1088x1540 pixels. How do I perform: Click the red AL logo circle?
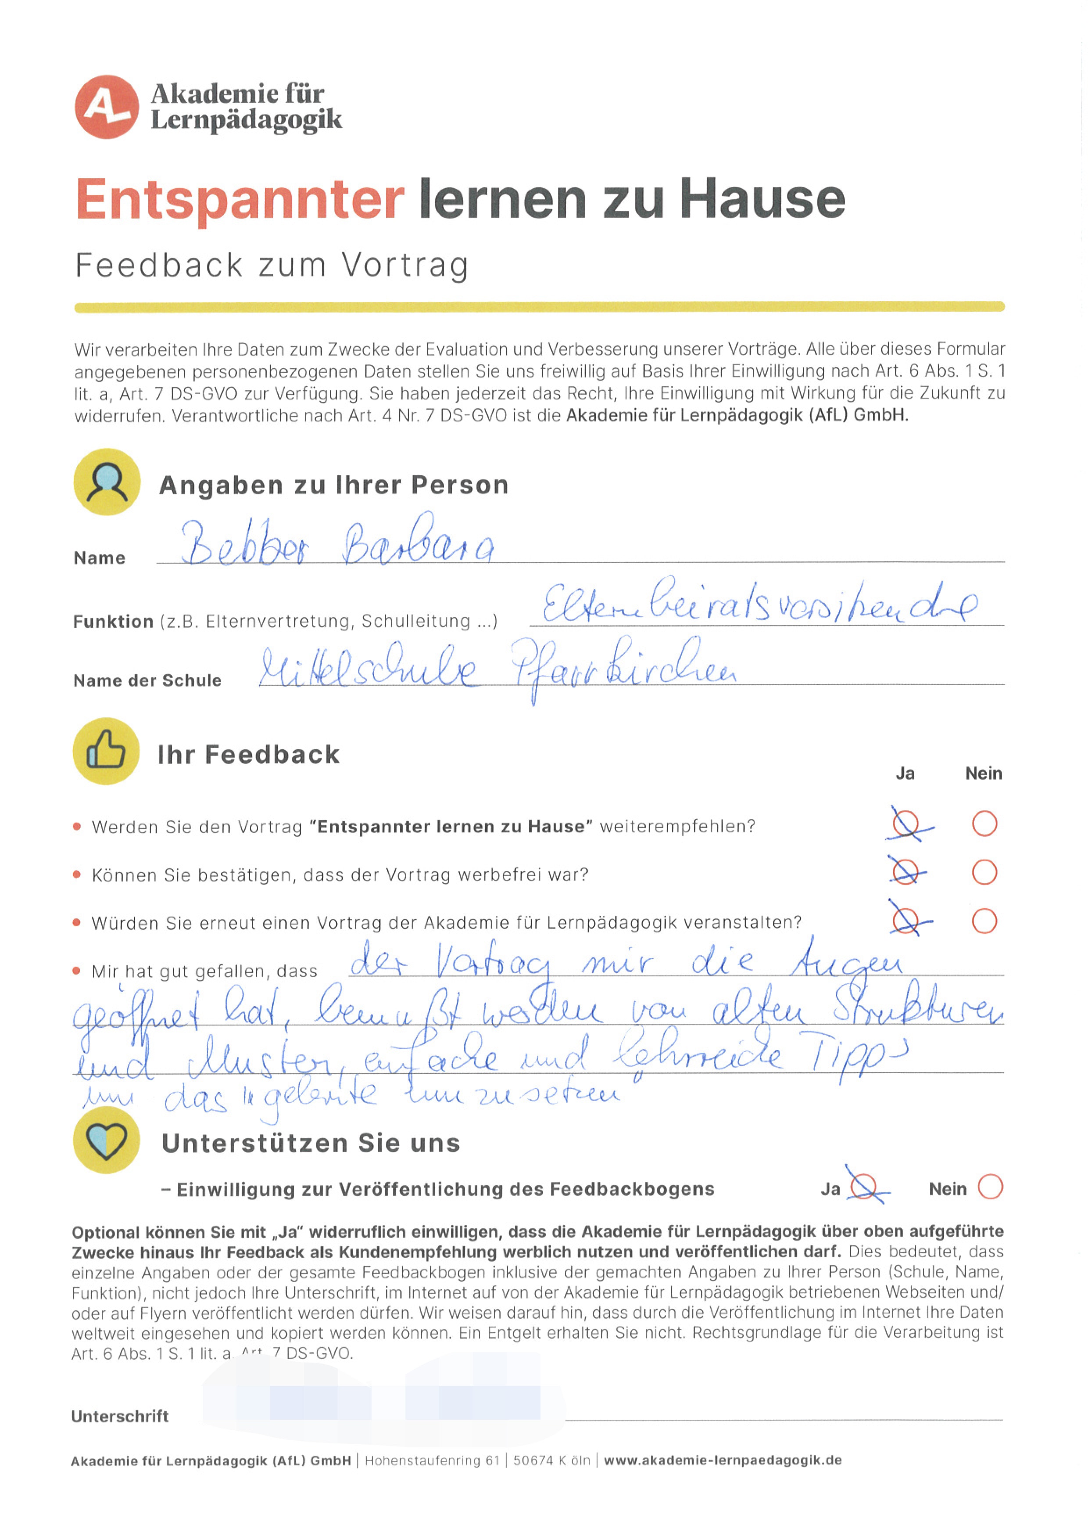click(107, 107)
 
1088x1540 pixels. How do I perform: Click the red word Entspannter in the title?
click(240, 199)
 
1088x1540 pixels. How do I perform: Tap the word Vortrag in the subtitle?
click(405, 265)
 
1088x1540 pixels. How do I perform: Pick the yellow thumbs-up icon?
click(106, 751)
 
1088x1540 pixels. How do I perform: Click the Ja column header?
click(905, 774)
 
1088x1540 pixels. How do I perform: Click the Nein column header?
click(984, 774)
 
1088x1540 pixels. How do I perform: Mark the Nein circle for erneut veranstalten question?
click(984, 921)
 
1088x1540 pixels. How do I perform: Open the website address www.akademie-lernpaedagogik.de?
click(723, 1460)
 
